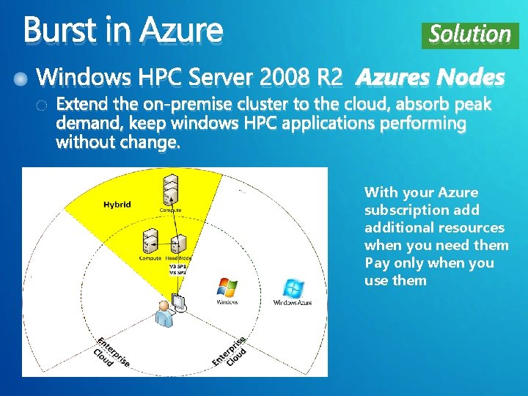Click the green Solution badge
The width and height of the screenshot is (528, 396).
469,34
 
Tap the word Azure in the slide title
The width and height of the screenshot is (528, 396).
180,30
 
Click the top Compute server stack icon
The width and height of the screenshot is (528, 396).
171,191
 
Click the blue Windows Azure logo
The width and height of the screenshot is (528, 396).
293,288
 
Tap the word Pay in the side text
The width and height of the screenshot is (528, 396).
375,263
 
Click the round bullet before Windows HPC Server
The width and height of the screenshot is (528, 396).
25,77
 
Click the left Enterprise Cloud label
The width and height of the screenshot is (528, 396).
111,352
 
